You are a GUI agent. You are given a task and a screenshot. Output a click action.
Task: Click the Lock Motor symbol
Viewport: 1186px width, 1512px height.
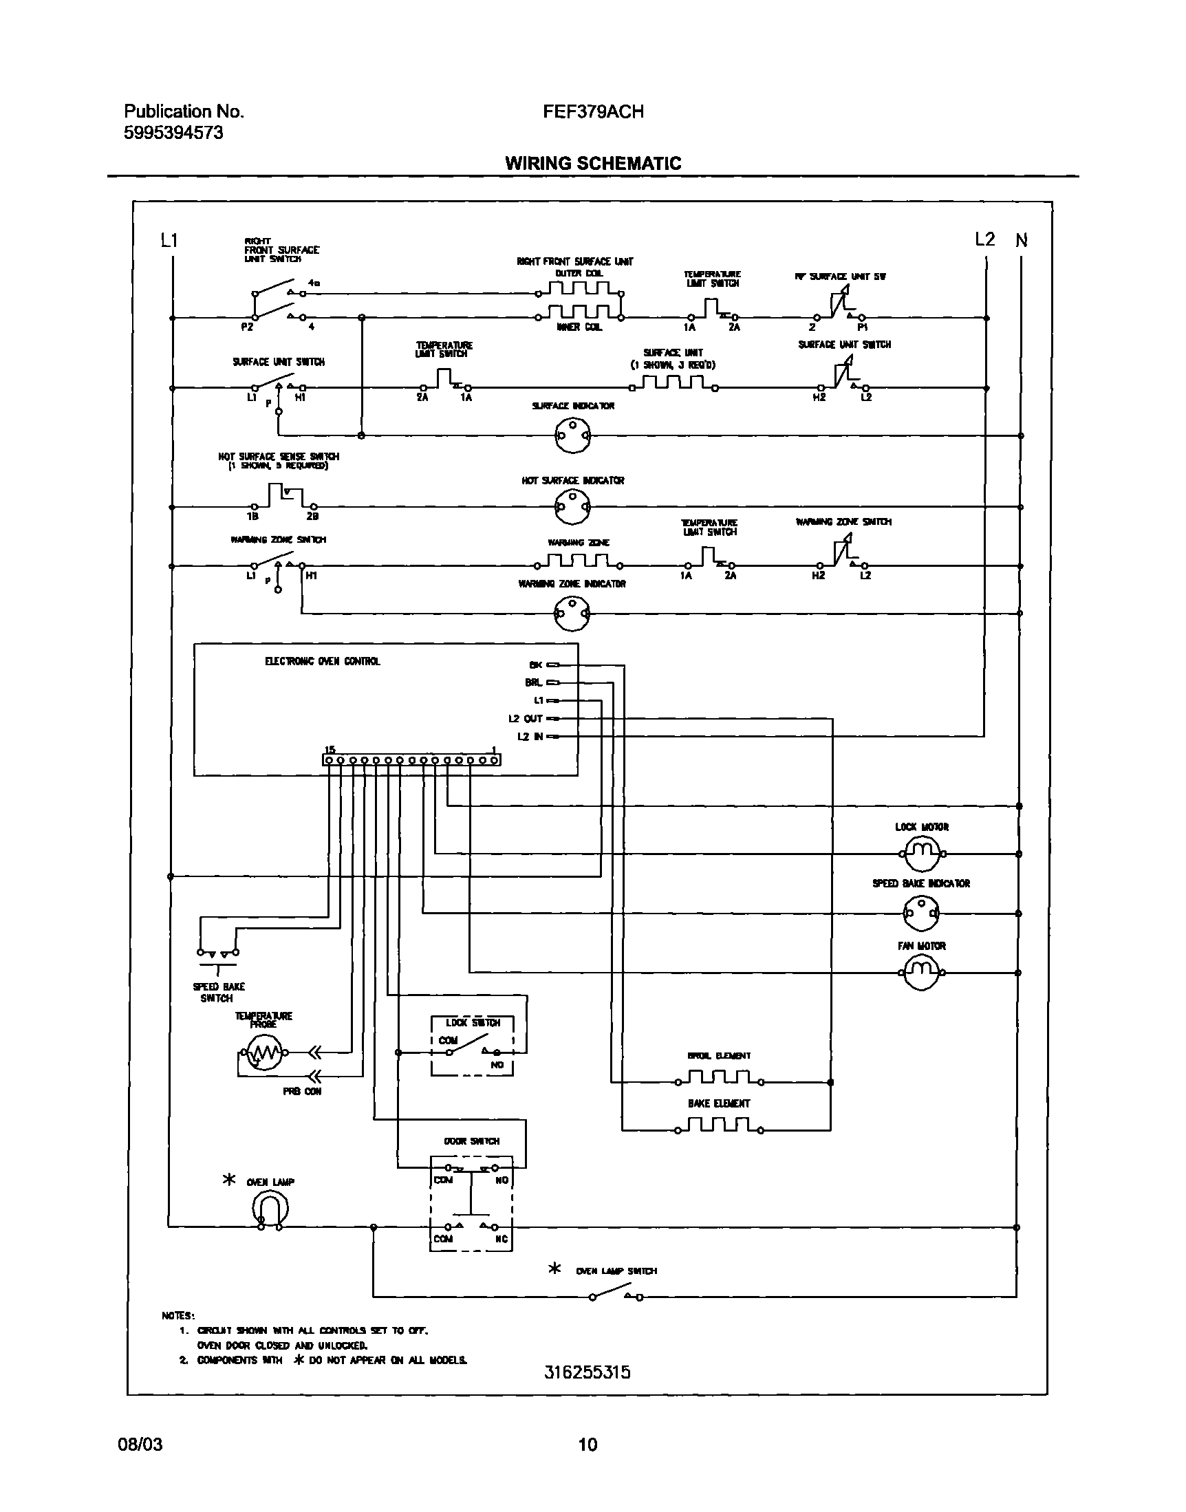[921, 854]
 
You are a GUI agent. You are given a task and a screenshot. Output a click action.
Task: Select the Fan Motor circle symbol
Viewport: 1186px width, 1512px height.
[921, 973]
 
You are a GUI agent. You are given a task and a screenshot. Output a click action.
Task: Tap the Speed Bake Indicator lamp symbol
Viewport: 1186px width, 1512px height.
[921, 914]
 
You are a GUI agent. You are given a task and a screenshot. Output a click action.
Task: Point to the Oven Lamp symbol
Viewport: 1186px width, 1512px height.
[270, 1209]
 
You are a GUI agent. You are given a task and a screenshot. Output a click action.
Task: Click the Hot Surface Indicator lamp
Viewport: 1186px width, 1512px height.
[572, 507]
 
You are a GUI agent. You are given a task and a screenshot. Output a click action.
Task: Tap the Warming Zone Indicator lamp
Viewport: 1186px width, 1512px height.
[572, 613]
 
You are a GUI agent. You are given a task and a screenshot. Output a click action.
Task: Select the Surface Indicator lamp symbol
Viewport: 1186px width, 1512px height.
[572, 435]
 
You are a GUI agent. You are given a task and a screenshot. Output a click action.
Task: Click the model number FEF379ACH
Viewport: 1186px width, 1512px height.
[593, 111]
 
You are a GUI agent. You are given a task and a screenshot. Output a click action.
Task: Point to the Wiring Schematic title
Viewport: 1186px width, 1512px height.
[593, 163]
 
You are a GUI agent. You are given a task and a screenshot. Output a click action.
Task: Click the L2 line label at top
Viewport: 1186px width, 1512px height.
[984, 239]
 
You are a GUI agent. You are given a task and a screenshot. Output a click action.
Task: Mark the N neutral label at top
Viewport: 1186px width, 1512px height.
[1022, 241]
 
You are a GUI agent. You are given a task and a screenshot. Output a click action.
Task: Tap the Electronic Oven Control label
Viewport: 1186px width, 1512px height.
[322, 662]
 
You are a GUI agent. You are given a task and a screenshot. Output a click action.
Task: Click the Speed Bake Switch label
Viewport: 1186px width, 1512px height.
[218, 992]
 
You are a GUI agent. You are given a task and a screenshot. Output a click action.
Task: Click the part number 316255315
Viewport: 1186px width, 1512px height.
[587, 1372]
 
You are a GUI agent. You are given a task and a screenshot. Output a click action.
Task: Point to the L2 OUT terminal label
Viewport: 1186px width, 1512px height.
[525, 719]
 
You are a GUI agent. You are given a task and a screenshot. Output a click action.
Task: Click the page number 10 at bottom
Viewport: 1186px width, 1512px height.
[587, 1445]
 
